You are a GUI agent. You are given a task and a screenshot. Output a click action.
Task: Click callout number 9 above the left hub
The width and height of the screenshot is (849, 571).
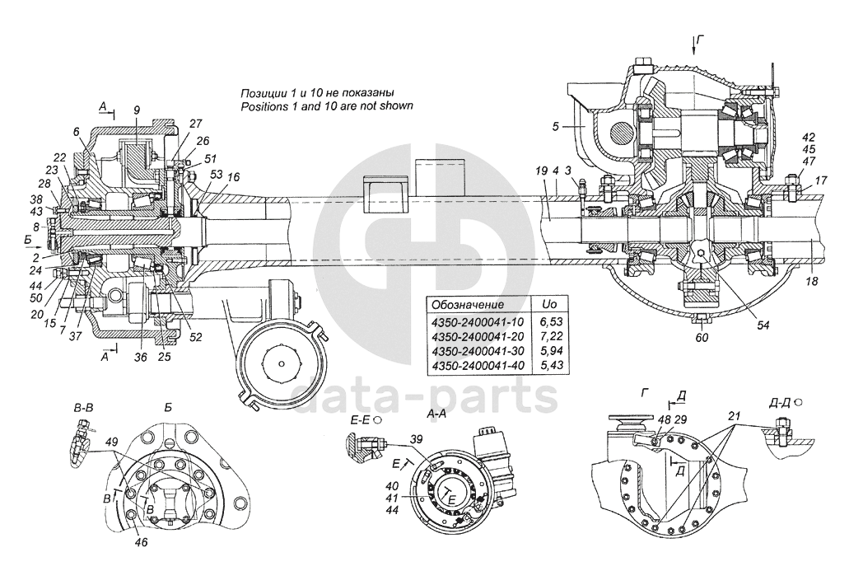coord(137,110)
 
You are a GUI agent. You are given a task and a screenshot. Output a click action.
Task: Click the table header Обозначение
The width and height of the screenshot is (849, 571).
coord(467,303)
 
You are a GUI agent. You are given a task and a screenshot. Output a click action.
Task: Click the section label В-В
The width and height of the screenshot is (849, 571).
coord(83,407)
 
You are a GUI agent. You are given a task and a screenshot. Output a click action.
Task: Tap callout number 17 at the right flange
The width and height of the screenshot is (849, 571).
coord(822,180)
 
